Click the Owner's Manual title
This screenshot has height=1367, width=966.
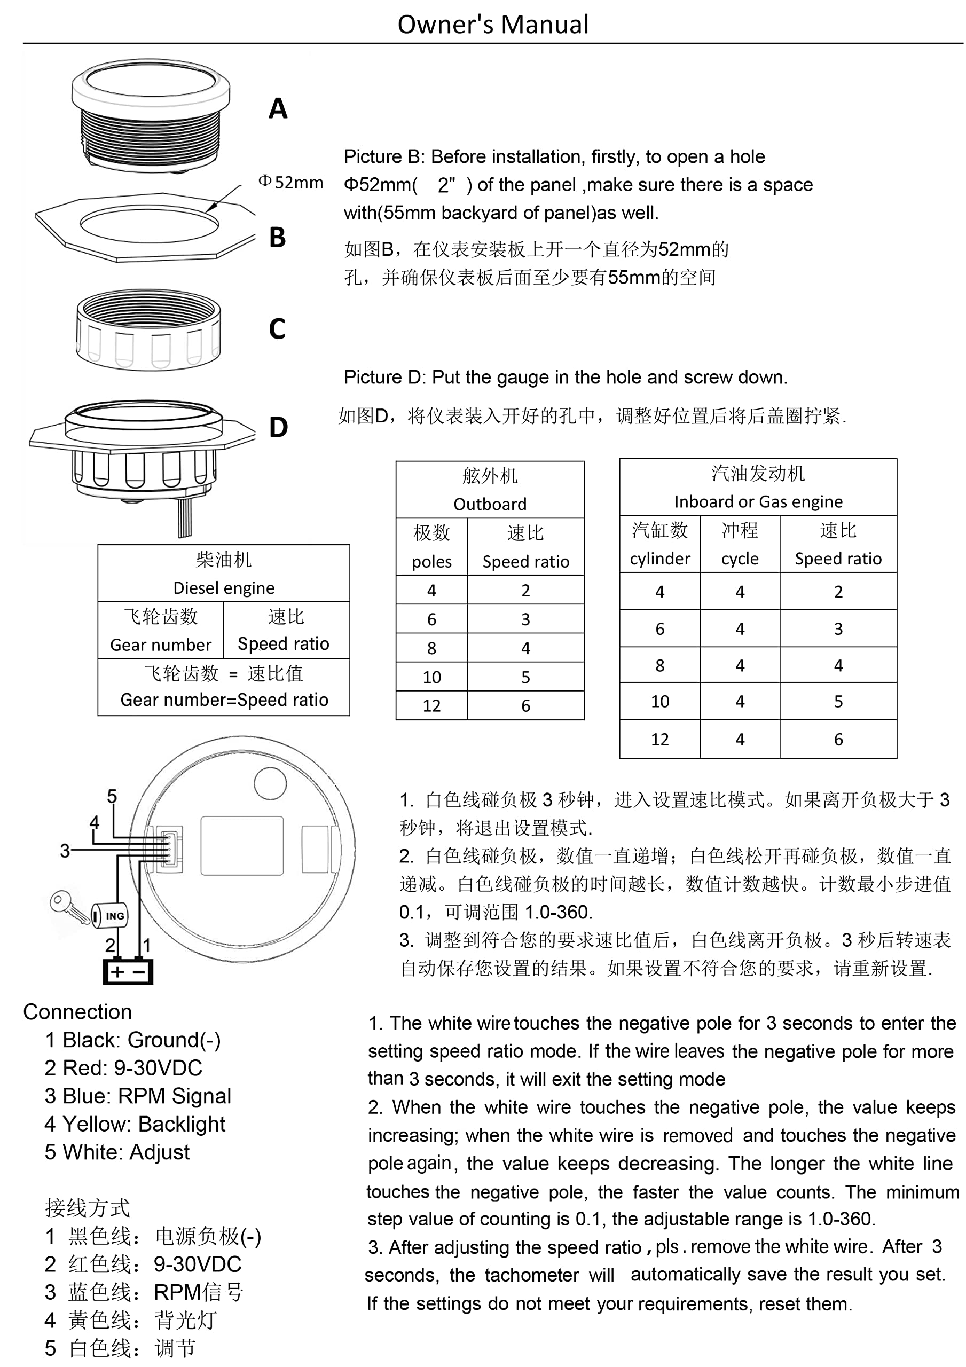[493, 25]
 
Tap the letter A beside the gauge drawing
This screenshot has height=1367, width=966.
[278, 108]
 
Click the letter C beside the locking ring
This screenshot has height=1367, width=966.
[277, 328]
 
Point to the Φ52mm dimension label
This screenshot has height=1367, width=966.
[290, 182]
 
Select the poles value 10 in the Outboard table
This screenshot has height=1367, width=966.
[432, 677]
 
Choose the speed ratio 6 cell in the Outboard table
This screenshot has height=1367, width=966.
[526, 705]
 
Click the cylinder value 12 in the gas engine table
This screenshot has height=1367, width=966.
[660, 740]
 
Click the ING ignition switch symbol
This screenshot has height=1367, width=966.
[110, 916]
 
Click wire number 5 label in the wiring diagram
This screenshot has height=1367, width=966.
[112, 796]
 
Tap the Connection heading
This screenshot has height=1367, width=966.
[77, 1012]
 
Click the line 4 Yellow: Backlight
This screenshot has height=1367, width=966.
[135, 1124]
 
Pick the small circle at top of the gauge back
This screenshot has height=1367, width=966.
[270, 783]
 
